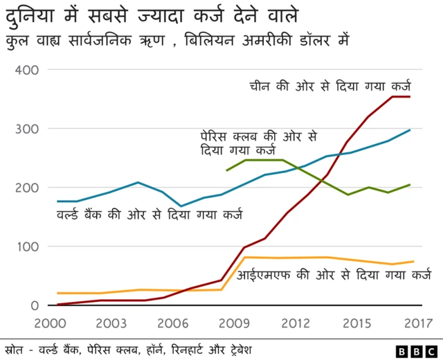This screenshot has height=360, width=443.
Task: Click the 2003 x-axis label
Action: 111,322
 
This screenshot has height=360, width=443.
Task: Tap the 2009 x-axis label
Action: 235,322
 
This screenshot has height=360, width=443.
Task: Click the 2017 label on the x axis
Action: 413,322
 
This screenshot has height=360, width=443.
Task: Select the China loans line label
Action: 330,87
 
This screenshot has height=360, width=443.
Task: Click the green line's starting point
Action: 226,170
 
